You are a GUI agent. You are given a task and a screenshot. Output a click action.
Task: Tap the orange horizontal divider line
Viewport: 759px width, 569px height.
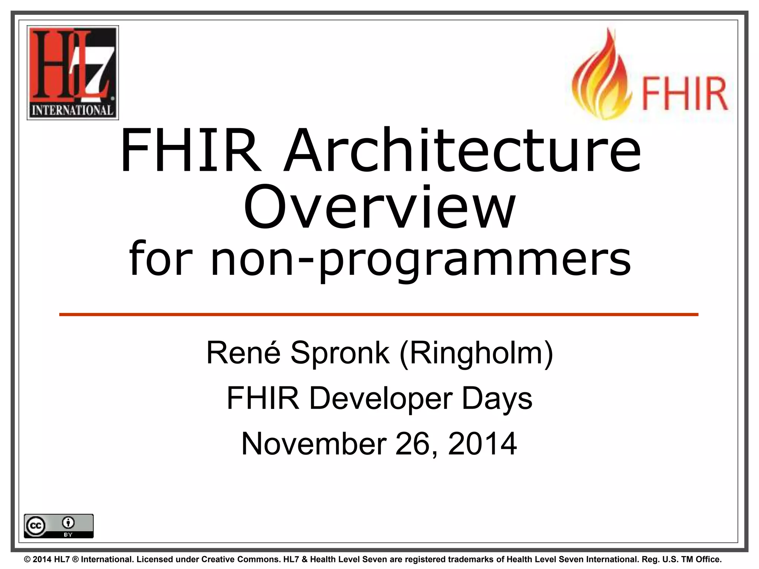(x=379, y=315)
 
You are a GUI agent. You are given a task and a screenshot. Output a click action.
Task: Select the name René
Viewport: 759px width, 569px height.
(x=243, y=353)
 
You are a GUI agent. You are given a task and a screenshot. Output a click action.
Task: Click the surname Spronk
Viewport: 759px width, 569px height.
(x=340, y=353)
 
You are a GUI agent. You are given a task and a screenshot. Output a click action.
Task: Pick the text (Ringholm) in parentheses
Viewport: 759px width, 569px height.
(x=477, y=353)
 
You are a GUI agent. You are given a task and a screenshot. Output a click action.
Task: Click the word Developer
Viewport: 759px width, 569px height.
(x=381, y=398)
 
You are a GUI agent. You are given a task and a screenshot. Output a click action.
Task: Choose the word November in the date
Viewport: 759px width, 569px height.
(x=314, y=443)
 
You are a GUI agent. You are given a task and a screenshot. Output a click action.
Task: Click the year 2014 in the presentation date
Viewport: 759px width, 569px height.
(x=482, y=443)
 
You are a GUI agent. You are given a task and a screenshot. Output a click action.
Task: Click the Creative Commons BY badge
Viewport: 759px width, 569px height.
(x=59, y=526)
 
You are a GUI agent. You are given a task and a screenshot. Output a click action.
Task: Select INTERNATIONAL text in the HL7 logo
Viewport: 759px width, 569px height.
(x=73, y=110)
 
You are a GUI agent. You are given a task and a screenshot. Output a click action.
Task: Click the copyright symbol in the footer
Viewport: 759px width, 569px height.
(x=27, y=559)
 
